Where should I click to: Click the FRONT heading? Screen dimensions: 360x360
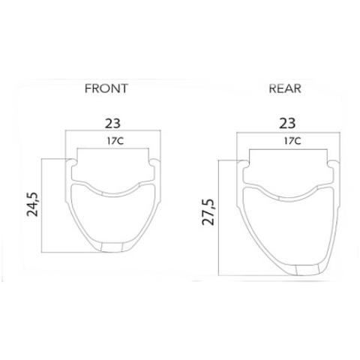(106, 88)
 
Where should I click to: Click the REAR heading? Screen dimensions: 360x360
(285, 88)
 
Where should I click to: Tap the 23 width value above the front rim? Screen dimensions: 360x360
(112, 123)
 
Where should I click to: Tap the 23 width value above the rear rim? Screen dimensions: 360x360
(287, 123)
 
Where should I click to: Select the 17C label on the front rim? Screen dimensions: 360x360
(115, 141)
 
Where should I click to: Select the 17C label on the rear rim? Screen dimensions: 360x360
(292, 141)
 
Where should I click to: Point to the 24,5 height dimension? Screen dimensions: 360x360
(33, 204)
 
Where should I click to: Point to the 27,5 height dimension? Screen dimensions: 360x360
(208, 212)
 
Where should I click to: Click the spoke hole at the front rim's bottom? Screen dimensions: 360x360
(112, 247)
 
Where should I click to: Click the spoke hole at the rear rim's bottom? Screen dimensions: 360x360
(307, 270)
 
